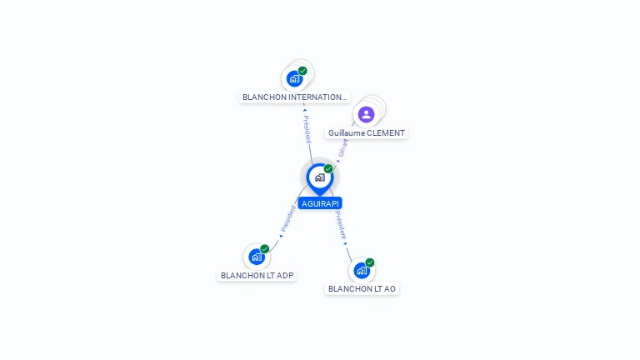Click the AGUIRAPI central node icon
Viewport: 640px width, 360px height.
[x=319, y=177]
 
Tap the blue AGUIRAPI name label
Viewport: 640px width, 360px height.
[x=320, y=203]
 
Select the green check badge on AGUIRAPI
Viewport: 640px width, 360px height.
[x=328, y=168]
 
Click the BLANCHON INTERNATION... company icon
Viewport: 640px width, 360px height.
[x=294, y=78]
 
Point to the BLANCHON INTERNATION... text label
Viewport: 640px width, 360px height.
[x=294, y=97]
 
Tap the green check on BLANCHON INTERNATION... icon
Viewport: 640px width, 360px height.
[x=302, y=71]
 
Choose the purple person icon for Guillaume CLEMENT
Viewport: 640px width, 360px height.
[x=366, y=114]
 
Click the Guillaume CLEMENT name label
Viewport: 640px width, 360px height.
[x=366, y=133]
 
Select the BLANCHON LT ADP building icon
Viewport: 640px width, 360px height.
[x=257, y=257]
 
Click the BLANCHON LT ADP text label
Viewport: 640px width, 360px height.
[x=257, y=275]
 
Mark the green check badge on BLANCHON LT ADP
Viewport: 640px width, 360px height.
[x=265, y=248]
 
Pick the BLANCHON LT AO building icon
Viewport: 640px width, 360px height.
[x=362, y=270]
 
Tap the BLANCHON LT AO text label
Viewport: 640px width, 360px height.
[x=362, y=289]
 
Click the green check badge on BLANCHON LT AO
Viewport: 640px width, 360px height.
[x=370, y=262]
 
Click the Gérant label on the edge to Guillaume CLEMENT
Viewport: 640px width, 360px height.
[x=343, y=147]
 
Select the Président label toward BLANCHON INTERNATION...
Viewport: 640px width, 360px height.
[x=307, y=129]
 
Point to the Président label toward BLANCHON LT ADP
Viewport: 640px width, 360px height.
[x=288, y=218]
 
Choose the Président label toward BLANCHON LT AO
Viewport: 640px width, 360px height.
[x=340, y=225]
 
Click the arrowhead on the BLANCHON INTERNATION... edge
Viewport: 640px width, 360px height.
[x=304, y=110]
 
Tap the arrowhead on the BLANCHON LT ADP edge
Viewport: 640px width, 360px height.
[x=281, y=235]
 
